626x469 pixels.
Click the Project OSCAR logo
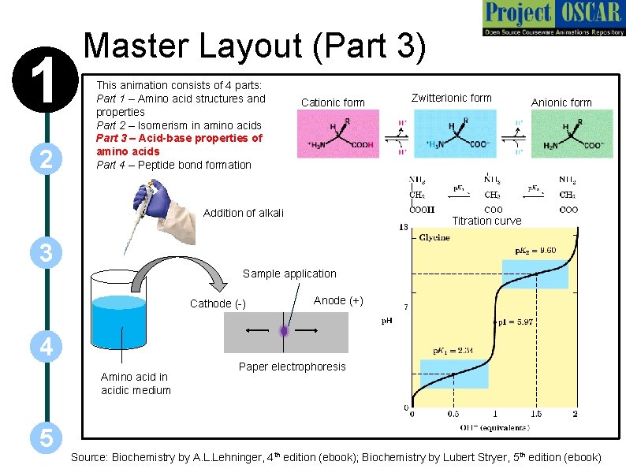551,19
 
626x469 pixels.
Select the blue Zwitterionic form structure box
455,134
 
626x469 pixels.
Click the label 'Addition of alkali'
243,213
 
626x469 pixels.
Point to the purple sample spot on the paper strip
284,332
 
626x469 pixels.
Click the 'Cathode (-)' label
218,303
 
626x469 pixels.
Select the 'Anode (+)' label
338,300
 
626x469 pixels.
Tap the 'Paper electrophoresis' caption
292,367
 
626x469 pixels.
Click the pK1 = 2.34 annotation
453,351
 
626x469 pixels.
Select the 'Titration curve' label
486,221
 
